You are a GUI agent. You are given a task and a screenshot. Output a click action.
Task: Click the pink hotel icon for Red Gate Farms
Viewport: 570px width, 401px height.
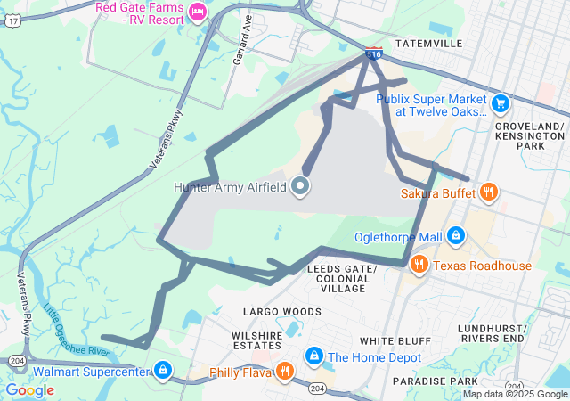coord(198,11)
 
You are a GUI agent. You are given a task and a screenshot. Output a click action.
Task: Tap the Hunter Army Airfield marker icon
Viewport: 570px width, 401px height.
coord(301,186)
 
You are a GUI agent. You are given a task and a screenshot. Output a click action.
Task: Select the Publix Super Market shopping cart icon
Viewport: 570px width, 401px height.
coord(501,103)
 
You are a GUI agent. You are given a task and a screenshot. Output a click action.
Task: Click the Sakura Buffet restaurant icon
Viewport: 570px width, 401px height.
coord(488,192)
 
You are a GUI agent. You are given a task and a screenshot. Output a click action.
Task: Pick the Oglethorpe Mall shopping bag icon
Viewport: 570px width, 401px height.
coord(456,236)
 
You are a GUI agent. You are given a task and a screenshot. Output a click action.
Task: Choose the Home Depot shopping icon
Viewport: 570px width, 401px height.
coord(313,356)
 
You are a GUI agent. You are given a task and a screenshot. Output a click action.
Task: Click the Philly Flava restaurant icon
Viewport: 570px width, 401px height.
coord(284,371)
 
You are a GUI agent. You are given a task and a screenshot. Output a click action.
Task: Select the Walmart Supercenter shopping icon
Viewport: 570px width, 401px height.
coord(163,370)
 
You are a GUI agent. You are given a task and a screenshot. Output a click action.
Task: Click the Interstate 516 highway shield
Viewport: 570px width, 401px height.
coord(374,53)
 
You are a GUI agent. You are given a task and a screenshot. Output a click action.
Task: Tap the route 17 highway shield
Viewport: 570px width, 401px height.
coord(11,20)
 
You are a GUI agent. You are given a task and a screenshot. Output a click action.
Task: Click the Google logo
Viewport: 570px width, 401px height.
coord(30,389)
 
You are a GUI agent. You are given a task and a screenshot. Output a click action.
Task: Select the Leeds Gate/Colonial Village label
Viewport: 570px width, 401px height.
coord(342,278)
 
